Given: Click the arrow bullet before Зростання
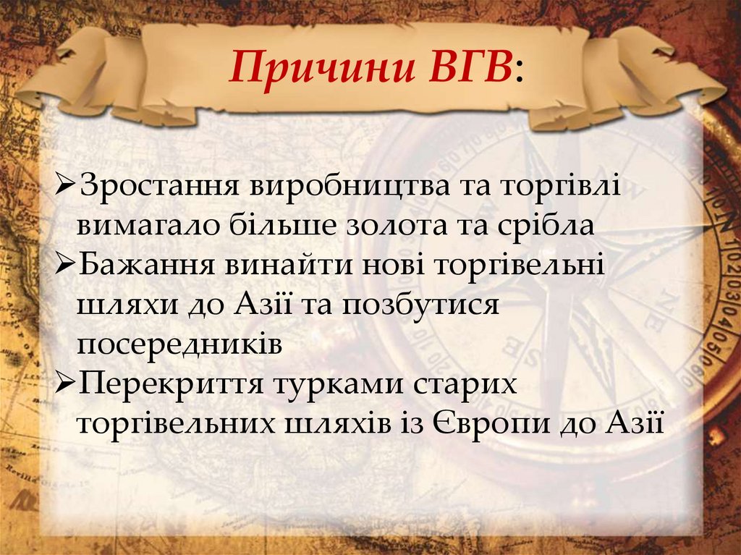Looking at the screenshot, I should [66, 187].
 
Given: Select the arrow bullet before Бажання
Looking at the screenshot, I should [66, 265].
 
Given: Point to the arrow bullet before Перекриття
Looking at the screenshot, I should [66, 383].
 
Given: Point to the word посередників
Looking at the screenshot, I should [179, 344].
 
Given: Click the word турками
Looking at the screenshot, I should [337, 383].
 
